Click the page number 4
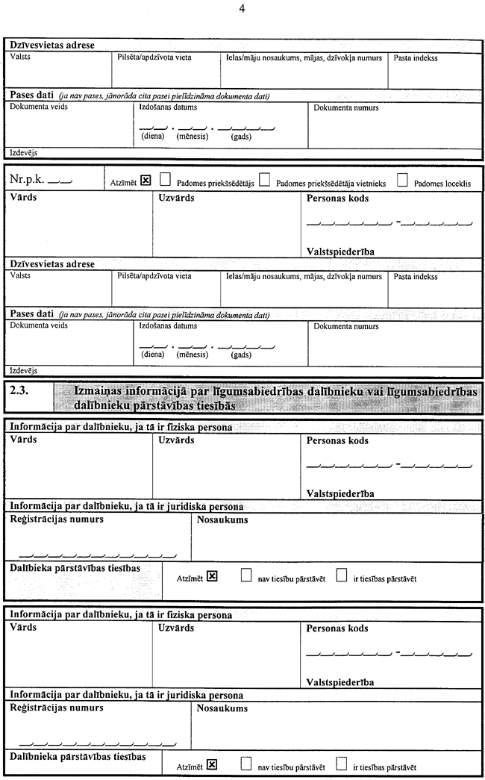242,9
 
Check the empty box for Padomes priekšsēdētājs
165,179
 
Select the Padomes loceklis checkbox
403,179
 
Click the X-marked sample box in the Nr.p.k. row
145,179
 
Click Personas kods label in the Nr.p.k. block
337,199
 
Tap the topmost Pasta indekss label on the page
416,57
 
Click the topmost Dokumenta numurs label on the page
345,107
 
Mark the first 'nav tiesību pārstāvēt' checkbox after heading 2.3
246,575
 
